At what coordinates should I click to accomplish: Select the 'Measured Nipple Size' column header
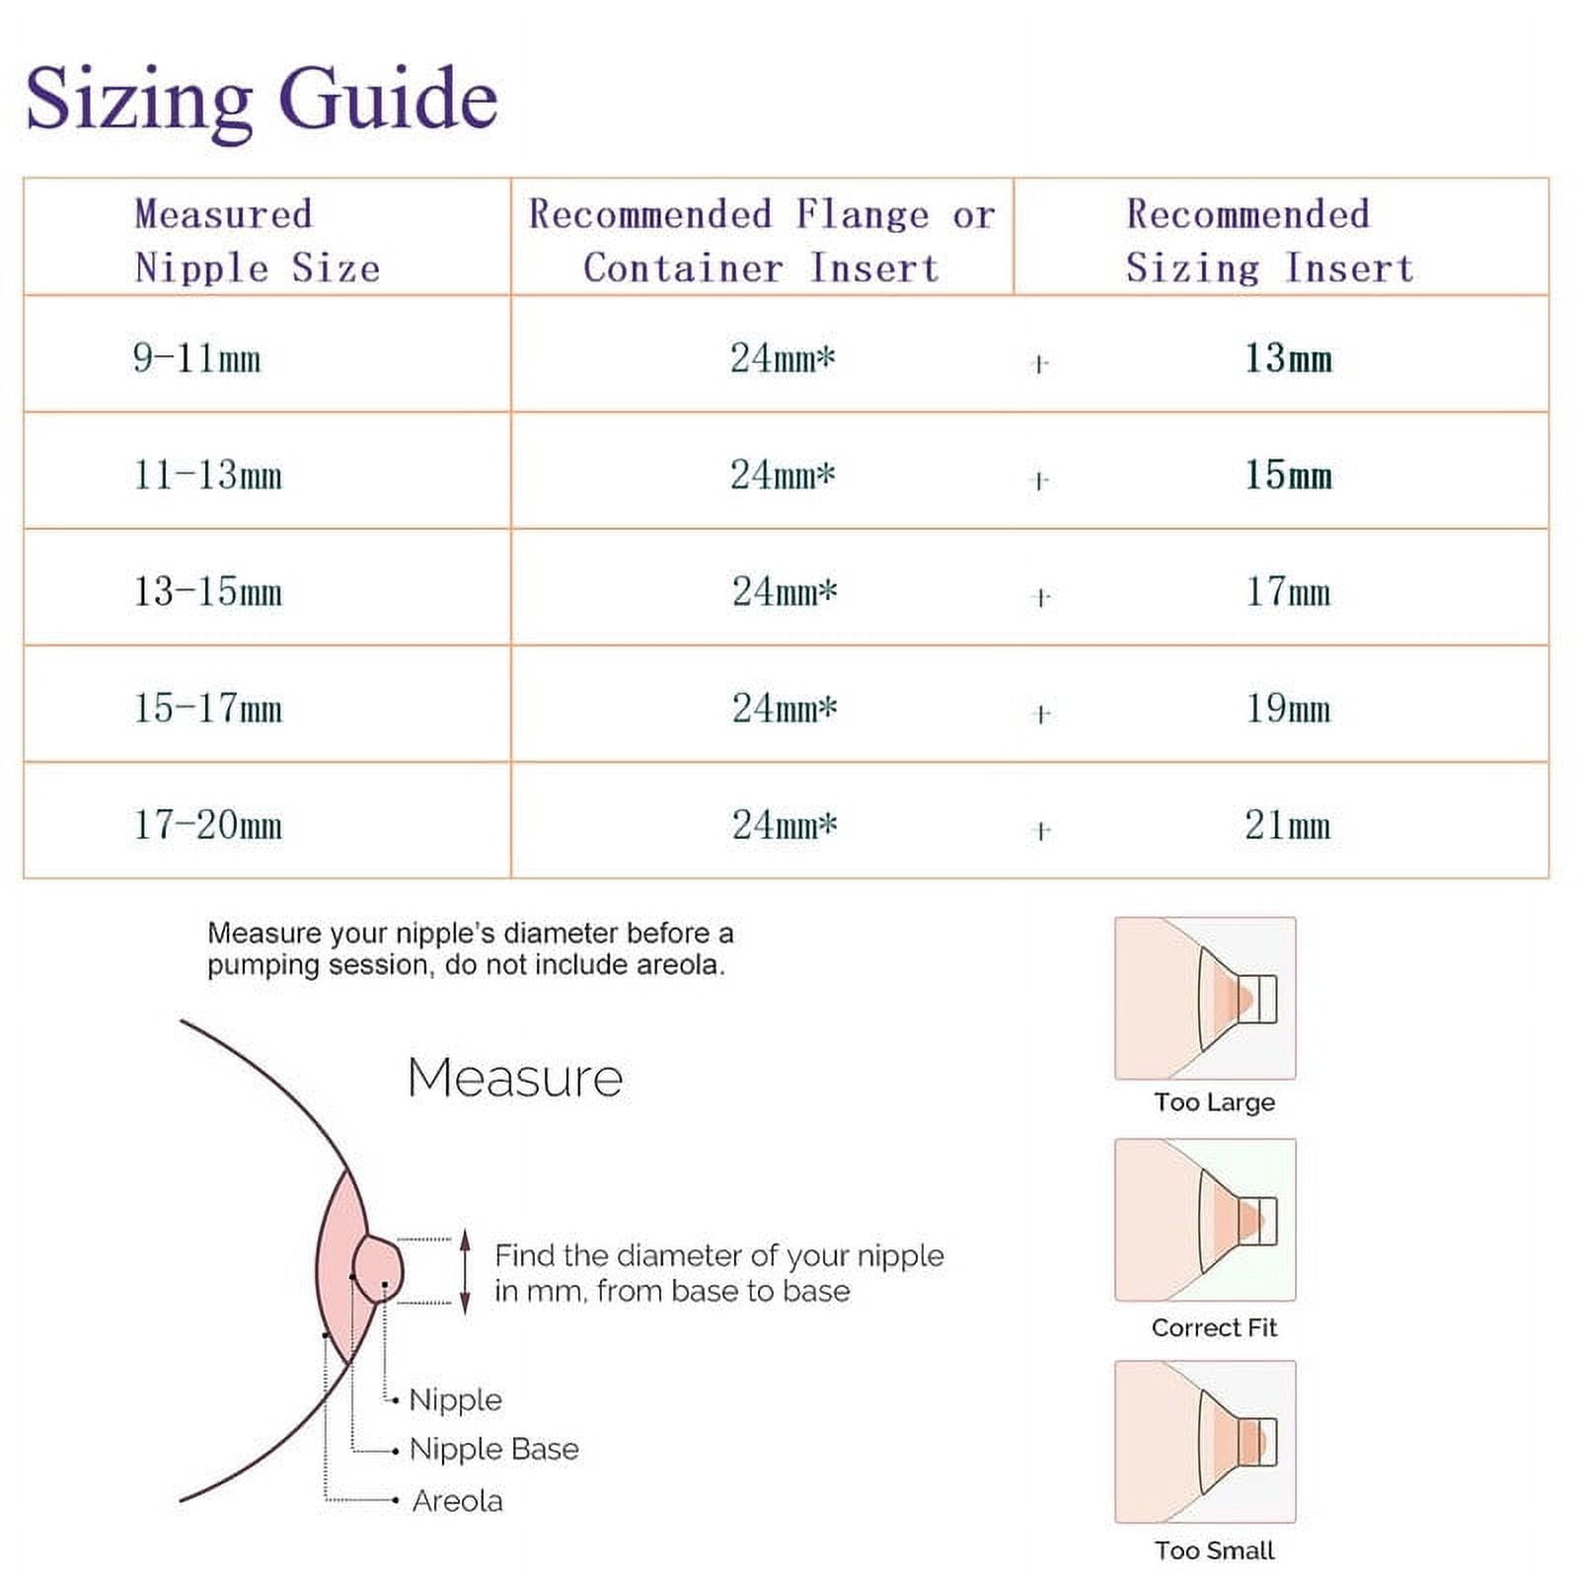(x=258, y=241)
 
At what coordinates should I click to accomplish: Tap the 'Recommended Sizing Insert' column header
(x=1270, y=241)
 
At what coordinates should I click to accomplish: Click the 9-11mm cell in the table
(x=197, y=357)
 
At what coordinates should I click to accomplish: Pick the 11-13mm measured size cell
(x=208, y=475)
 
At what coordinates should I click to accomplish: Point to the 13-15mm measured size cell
(x=208, y=591)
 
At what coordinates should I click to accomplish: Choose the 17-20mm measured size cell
(x=208, y=825)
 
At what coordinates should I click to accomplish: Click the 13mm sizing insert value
(x=1288, y=357)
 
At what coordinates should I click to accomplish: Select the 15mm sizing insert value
(x=1288, y=475)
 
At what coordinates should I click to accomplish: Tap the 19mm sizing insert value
(x=1288, y=709)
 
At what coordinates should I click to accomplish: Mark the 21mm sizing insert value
(x=1288, y=825)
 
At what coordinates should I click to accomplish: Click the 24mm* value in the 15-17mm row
(x=785, y=708)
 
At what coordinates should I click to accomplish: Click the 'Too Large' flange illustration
(x=1205, y=998)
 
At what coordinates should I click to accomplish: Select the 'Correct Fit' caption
(x=1214, y=1327)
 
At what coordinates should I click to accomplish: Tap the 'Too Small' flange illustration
(x=1205, y=1442)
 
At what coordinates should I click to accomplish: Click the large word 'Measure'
(x=515, y=1078)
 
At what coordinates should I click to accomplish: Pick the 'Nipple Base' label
(x=494, y=1449)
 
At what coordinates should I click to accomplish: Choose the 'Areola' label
(x=457, y=1501)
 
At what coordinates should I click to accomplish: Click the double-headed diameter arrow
(x=466, y=1272)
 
